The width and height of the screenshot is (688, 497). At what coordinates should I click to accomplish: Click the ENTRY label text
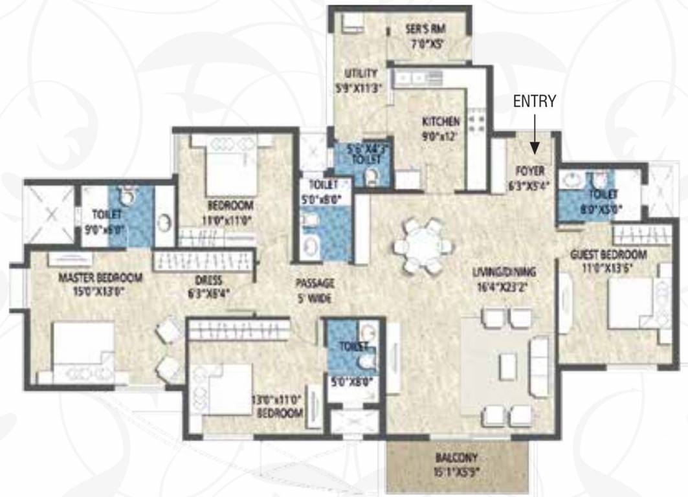pos(535,102)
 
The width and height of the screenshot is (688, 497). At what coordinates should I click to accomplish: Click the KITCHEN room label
pos(441,121)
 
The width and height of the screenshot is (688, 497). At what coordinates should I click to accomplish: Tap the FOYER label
pos(529,171)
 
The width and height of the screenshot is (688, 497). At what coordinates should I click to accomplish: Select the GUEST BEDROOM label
pos(608,254)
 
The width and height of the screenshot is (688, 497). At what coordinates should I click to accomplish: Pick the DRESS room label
pos(208,281)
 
